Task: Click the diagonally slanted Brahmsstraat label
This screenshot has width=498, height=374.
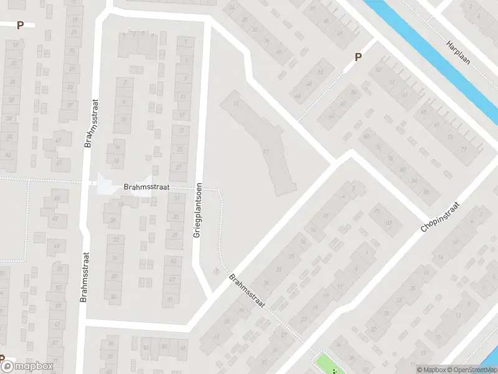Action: click(247, 292)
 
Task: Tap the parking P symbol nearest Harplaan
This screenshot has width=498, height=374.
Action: click(358, 57)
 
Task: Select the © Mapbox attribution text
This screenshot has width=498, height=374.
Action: click(431, 370)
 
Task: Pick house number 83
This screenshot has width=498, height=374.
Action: click(388, 223)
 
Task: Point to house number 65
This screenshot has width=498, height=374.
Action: click(423, 112)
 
